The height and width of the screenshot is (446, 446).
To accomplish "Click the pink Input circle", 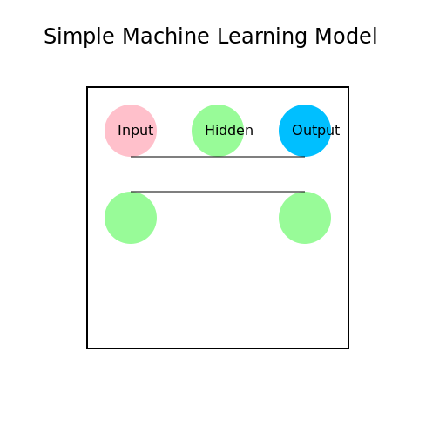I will [131, 131].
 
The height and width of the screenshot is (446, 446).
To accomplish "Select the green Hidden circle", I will [218, 131].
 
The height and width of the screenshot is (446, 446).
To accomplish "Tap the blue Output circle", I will [305, 131].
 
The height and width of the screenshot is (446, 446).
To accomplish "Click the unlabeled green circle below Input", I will [131, 218].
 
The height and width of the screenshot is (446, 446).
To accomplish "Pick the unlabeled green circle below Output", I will [305, 218].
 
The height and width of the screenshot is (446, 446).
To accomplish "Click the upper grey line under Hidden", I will [218, 157].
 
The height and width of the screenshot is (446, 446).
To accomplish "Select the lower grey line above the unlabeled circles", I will [218, 192].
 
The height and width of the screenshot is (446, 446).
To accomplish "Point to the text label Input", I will [135, 131].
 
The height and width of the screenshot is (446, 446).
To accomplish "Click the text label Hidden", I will [229, 131].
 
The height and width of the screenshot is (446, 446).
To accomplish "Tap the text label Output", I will [315, 131].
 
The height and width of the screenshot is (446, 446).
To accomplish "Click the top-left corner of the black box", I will [87, 87].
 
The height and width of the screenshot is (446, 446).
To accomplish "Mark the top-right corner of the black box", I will [348, 87].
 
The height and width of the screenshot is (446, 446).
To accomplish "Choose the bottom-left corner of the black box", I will [87, 348].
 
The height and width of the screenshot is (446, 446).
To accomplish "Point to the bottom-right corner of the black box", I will [348, 348].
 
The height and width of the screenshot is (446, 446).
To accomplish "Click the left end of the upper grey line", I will [132, 157].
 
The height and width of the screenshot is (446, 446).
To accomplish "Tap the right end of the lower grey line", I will [304, 192].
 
